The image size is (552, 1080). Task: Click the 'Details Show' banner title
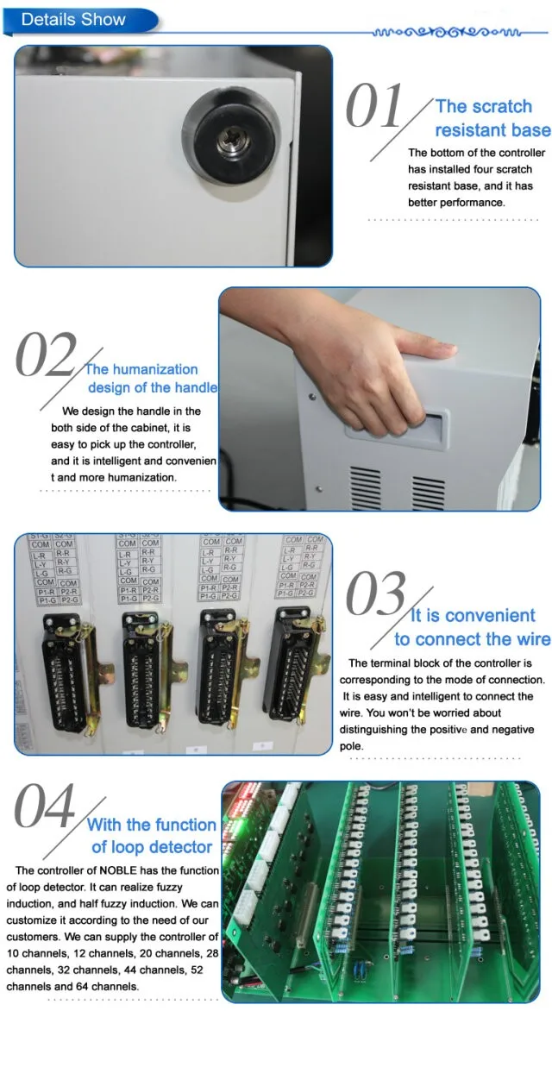point(73,19)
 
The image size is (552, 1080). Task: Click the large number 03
point(375,595)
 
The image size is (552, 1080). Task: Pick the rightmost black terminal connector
point(294,664)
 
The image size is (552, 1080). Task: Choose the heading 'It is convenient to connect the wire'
point(472,627)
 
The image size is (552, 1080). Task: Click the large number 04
point(45,807)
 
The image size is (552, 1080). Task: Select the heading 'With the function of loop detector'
point(152,836)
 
